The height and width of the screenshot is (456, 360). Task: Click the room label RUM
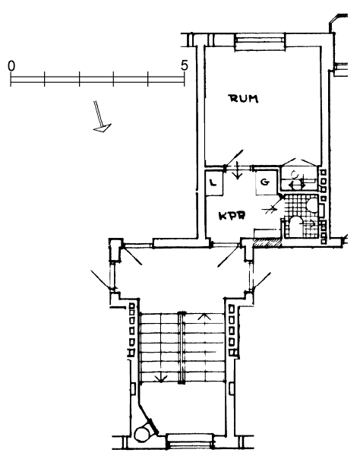[x=244, y=99]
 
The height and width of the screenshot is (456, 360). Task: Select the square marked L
[x=214, y=183]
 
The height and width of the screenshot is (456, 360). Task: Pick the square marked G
[x=266, y=182]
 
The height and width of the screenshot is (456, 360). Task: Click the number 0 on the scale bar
[x=11, y=66]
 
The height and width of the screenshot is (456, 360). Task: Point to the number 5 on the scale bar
[x=185, y=65]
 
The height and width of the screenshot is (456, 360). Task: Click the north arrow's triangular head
[x=103, y=128]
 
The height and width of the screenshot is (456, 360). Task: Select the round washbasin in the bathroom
[x=312, y=205]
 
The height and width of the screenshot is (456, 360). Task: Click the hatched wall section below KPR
[x=267, y=243]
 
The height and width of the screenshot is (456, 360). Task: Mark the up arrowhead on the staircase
[x=204, y=316]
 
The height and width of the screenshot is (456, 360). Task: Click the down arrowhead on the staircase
[x=161, y=378]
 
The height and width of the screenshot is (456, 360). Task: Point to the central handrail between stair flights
[x=182, y=348]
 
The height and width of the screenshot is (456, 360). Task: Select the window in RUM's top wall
[x=260, y=42]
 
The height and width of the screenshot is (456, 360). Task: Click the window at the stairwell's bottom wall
[x=190, y=442]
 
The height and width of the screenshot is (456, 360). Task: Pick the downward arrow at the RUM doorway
[x=238, y=170]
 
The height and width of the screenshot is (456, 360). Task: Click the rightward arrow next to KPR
[x=270, y=209]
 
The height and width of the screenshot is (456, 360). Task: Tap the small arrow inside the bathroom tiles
[x=311, y=224]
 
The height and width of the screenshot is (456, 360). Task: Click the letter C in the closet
[x=295, y=175]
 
